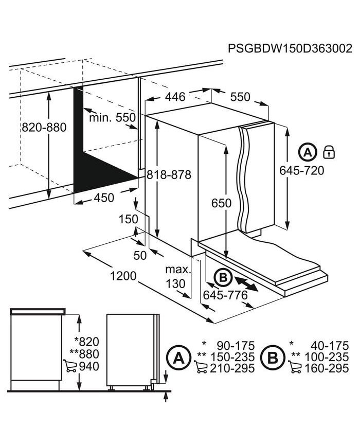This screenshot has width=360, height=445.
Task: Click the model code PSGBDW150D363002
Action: tap(290, 48)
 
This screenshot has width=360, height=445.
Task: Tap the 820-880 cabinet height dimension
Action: tap(44, 127)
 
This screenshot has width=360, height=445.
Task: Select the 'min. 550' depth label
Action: tap(112, 117)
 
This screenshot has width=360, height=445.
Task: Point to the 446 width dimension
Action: tap(175, 97)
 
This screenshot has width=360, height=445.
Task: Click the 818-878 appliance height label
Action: tap(169, 174)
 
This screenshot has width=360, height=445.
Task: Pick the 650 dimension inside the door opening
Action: tap(221, 203)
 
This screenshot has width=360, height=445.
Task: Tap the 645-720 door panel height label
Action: tap(301, 170)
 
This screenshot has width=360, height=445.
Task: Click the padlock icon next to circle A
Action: tap(329, 152)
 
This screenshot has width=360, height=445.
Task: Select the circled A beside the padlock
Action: tap(307, 152)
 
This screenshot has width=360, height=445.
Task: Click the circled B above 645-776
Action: tap(223, 277)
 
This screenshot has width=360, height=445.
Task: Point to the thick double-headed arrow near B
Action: tap(246, 284)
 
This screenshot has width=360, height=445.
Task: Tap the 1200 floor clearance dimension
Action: tap(123, 276)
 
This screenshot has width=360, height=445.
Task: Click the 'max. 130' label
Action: tap(177, 276)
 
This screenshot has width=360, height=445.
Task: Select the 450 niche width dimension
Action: tap(104, 198)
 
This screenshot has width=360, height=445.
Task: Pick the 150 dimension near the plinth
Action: tap(128, 219)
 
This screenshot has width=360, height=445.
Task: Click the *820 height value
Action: tap(86, 342)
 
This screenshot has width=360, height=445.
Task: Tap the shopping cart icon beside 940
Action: tap(70, 366)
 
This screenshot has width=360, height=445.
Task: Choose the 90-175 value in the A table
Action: tap(236, 346)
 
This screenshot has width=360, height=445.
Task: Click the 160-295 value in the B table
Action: tap(326, 368)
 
